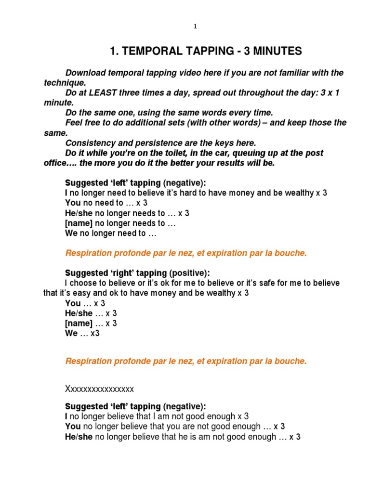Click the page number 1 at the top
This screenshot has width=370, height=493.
pos(195,27)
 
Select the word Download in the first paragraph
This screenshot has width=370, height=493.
pos(85,73)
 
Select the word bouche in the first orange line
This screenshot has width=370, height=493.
pos(291,253)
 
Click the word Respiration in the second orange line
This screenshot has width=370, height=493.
pos(88,361)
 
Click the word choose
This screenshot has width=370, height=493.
pos(81,283)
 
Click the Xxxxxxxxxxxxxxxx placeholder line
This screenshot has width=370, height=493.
pos(99,389)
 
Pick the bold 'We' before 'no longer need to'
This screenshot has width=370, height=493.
pos(71,233)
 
